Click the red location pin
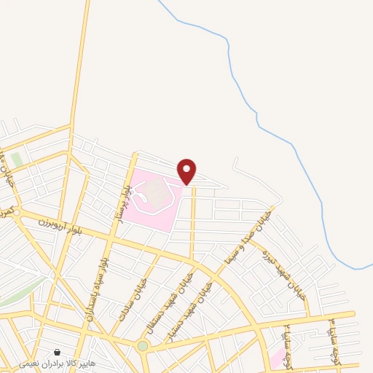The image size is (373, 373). click(x=187, y=171)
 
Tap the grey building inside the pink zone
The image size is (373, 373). click(x=153, y=191)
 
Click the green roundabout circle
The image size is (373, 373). click(x=143, y=346)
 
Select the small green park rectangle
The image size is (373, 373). click(x=16, y=160)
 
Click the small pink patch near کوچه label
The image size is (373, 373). click(x=278, y=358)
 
